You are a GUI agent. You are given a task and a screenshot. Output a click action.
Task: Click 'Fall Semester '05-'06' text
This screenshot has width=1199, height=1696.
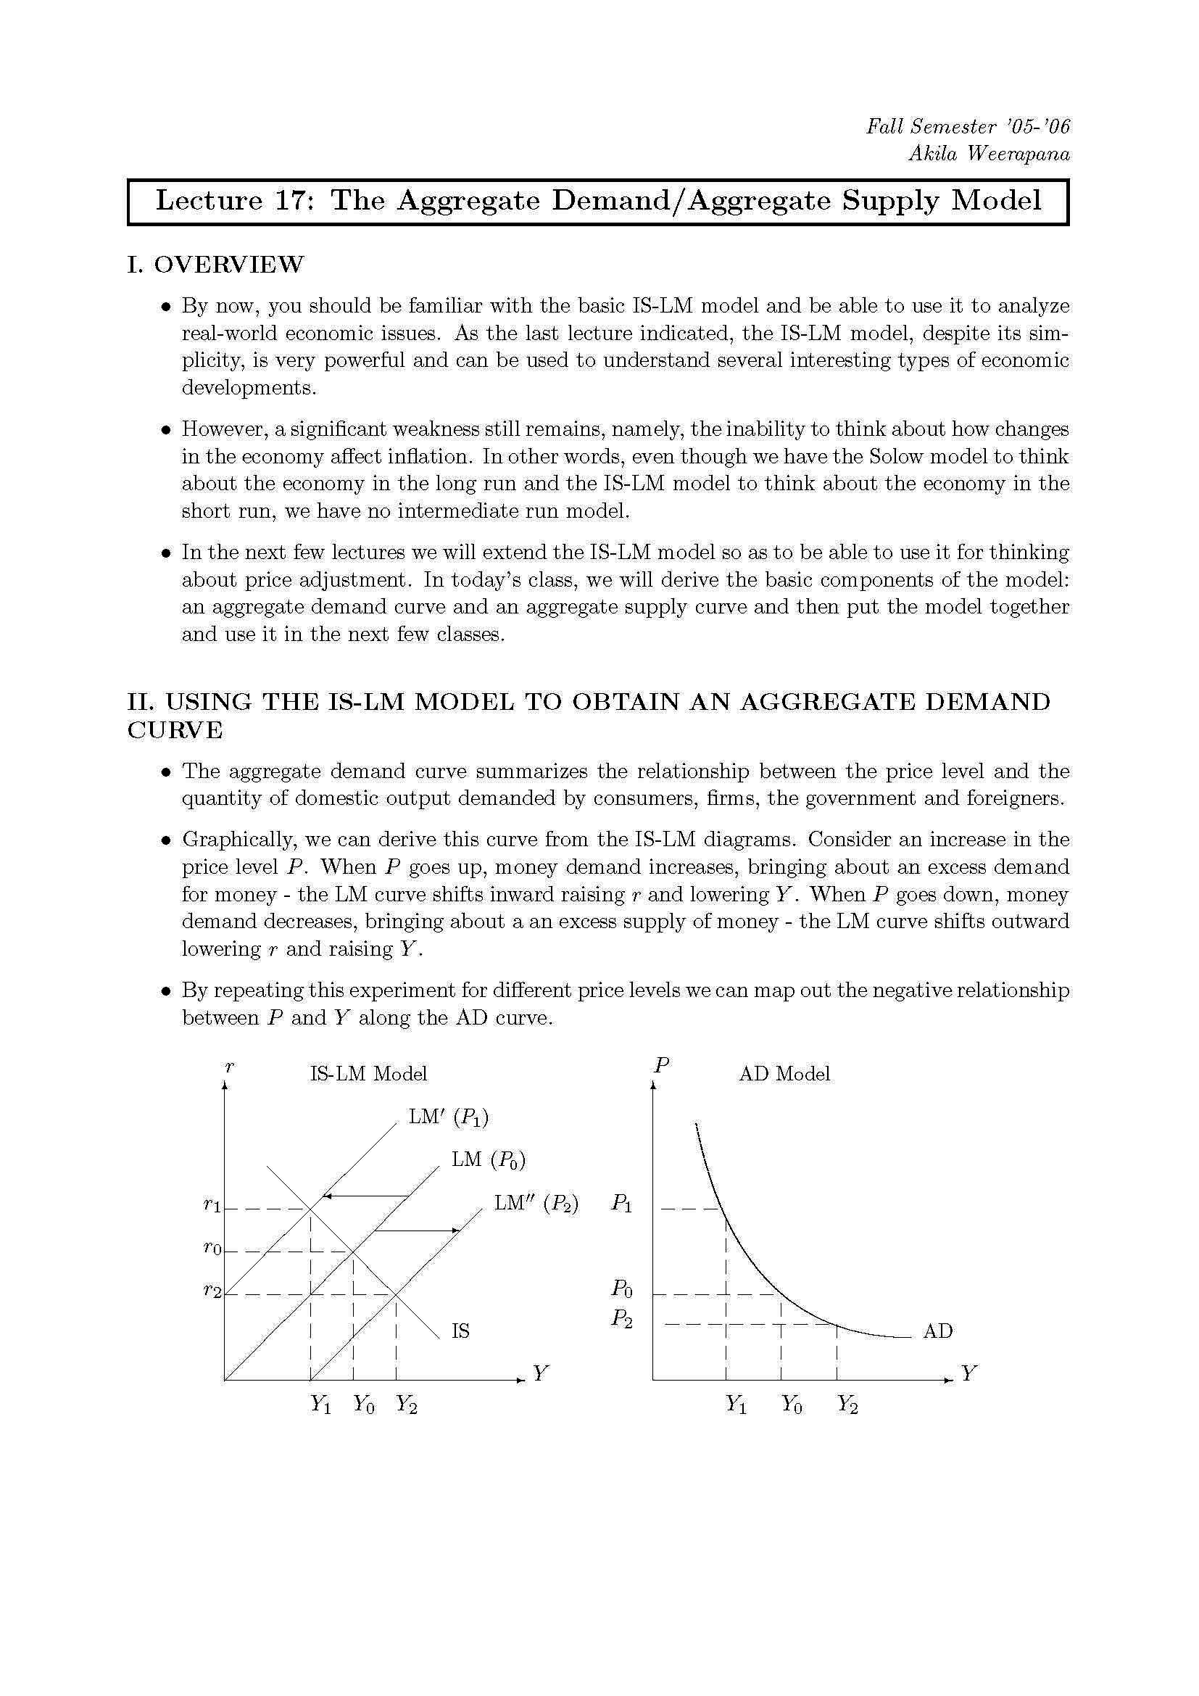tap(967, 126)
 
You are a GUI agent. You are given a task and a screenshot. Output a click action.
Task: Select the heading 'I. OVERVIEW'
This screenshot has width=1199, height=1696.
tap(215, 265)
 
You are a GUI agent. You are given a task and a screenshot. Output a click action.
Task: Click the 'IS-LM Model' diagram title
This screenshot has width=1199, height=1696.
tap(368, 1073)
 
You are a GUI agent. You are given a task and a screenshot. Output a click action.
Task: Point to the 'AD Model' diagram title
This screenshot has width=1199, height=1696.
tap(784, 1073)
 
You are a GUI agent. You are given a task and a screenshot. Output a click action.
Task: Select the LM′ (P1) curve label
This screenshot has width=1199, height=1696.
tap(448, 1117)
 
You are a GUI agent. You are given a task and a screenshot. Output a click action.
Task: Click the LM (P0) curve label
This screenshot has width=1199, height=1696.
tap(488, 1159)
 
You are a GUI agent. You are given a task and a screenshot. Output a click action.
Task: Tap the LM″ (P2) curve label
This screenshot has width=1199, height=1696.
tap(536, 1204)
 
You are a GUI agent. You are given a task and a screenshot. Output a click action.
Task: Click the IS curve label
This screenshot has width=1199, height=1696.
tap(460, 1331)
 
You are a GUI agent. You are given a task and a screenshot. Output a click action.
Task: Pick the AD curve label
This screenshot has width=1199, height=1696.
tap(937, 1331)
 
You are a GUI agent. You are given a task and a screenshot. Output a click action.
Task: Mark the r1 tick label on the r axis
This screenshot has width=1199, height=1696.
tap(212, 1206)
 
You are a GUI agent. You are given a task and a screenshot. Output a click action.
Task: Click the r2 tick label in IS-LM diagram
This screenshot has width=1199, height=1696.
tap(212, 1291)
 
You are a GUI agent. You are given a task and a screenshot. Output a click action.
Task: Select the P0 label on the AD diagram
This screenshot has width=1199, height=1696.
tap(622, 1289)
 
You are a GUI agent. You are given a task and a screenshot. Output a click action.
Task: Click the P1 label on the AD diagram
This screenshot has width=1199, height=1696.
tap(622, 1204)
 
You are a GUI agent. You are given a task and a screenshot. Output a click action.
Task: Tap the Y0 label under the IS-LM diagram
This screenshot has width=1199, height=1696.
tap(363, 1404)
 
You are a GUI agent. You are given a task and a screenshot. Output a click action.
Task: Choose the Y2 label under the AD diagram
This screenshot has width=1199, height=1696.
tap(847, 1404)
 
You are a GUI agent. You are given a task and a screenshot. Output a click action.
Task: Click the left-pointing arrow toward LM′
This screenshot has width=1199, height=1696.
tap(366, 1195)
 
